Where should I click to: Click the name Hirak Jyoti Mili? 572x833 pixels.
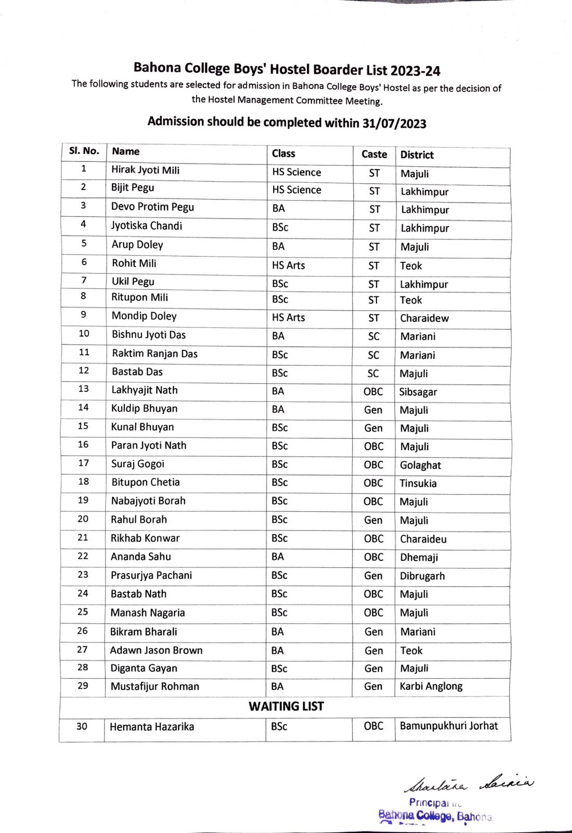coord(145,170)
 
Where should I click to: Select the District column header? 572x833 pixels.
coord(417,155)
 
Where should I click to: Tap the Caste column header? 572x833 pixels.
coord(374,154)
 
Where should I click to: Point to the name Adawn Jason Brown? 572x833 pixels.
coord(156,650)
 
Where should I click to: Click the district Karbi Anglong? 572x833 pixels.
coord(431,686)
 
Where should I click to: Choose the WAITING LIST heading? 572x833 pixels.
coord(286,706)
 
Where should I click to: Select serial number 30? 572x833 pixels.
coord(82,726)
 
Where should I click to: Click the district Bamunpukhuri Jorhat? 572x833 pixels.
coord(448,726)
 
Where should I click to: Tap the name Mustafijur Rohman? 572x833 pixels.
coord(154,686)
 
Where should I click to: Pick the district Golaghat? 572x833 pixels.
coord(420,465)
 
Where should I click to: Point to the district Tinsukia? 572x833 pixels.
coord(418,483)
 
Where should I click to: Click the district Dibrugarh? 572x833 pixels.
coord(422,576)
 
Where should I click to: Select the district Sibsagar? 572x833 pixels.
coord(418,392)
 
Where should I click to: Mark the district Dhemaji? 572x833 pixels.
coord(419,557)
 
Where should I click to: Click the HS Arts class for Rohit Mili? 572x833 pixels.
coord(288,265)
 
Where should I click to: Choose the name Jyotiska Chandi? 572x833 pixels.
coord(146,226)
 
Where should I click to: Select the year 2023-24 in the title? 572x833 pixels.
coord(415,70)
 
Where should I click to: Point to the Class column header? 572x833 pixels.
coord(283,153)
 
